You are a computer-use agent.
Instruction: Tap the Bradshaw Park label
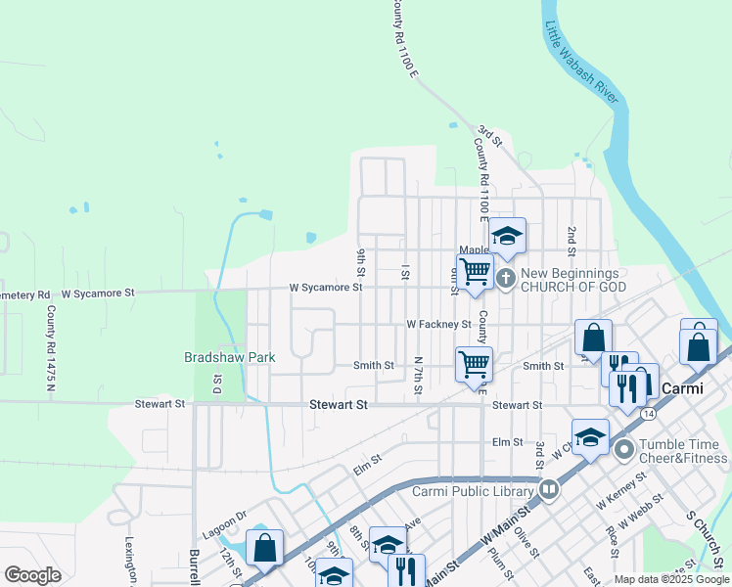[x=229, y=358]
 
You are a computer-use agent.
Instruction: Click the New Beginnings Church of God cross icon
[x=506, y=278]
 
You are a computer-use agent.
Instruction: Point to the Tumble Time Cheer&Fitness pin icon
[x=623, y=450]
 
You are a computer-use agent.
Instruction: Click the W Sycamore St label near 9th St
[x=325, y=288]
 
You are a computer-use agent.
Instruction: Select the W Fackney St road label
[x=438, y=324]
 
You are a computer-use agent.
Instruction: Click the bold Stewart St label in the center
[x=338, y=404]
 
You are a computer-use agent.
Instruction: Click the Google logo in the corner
[x=33, y=575]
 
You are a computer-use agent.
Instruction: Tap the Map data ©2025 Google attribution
[x=671, y=580]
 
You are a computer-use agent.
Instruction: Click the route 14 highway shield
[x=649, y=415]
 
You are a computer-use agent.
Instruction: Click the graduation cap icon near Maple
[x=507, y=236]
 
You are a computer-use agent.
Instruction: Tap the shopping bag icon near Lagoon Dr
[x=265, y=548]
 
